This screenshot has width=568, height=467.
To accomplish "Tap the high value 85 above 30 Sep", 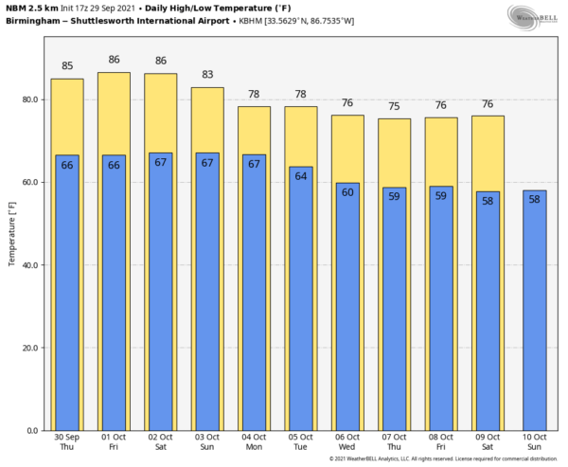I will pyautogui.click(x=67, y=66).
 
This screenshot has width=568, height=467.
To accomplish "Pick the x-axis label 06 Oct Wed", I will pyautogui.click(x=346, y=442).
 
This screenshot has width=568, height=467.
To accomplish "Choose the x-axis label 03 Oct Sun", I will pyautogui.click(x=207, y=442).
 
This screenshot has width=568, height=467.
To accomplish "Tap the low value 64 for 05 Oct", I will pyautogui.click(x=300, y=176).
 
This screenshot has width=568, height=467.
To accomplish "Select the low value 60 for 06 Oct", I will pyautogui.click(x=346, y=192).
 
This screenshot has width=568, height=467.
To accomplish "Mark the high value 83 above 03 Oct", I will pyautogui.click(x=207, y=75).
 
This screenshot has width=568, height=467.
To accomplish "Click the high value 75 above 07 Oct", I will pyautogui.click(x=394, y=106).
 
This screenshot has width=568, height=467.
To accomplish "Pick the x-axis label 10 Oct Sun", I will pyautogui.click(x=534, y=442).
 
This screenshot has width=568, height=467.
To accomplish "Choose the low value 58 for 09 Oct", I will pyautogui.click(x=488, y=201).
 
